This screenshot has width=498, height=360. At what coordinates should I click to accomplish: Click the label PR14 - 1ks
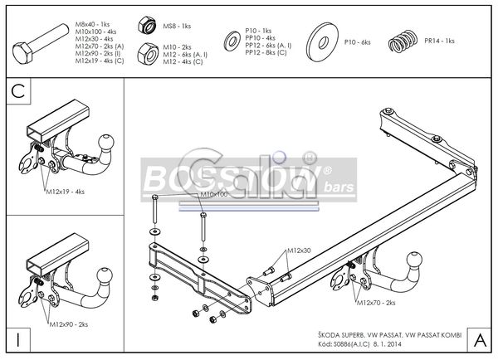[x=438, y=41]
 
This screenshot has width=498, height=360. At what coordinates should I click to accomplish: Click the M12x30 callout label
[x=299, y=251]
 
